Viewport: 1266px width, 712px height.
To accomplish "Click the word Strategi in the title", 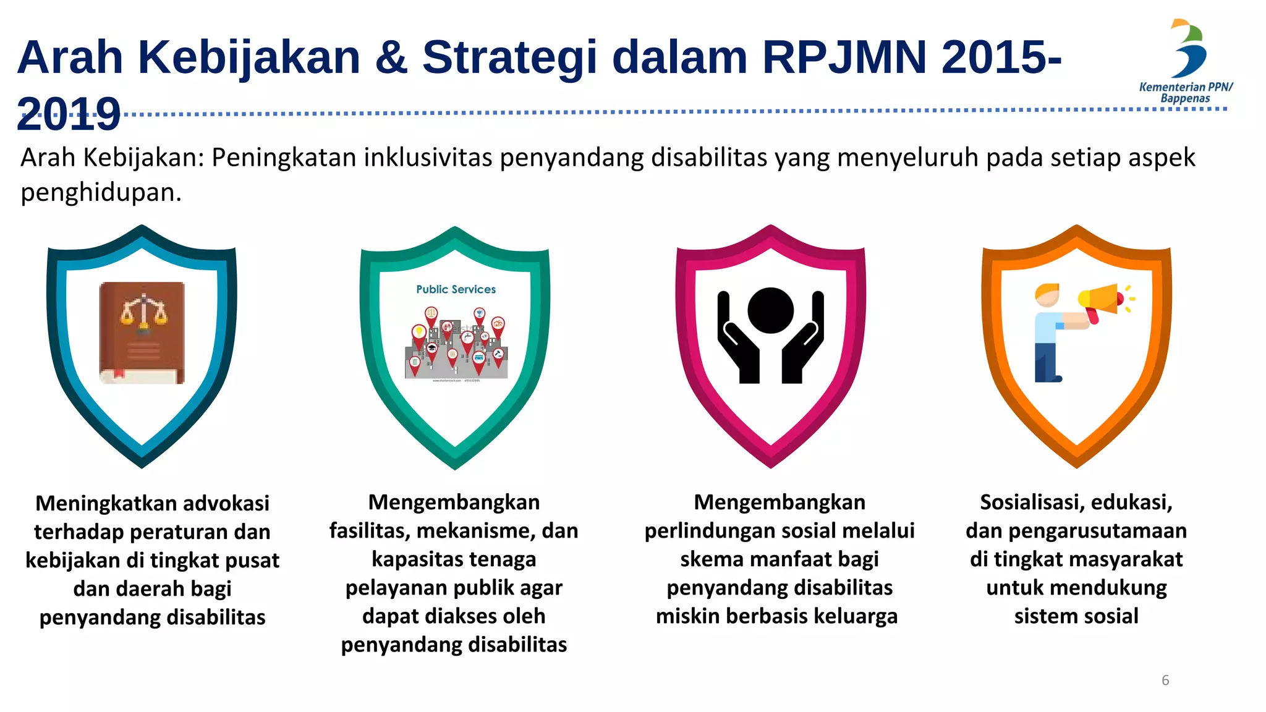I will pos(509,57).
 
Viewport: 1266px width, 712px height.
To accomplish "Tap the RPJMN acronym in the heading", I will pos(844,57).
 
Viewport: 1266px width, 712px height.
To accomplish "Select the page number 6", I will pos(1165,680).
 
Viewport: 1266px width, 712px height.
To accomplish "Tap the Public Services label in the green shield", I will pos(456,289).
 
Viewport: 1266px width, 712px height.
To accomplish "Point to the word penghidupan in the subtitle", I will pos(101,193).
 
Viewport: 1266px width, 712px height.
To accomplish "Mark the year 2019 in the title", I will pos(69,114).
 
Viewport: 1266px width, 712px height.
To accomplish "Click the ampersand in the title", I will pos(391,57).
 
